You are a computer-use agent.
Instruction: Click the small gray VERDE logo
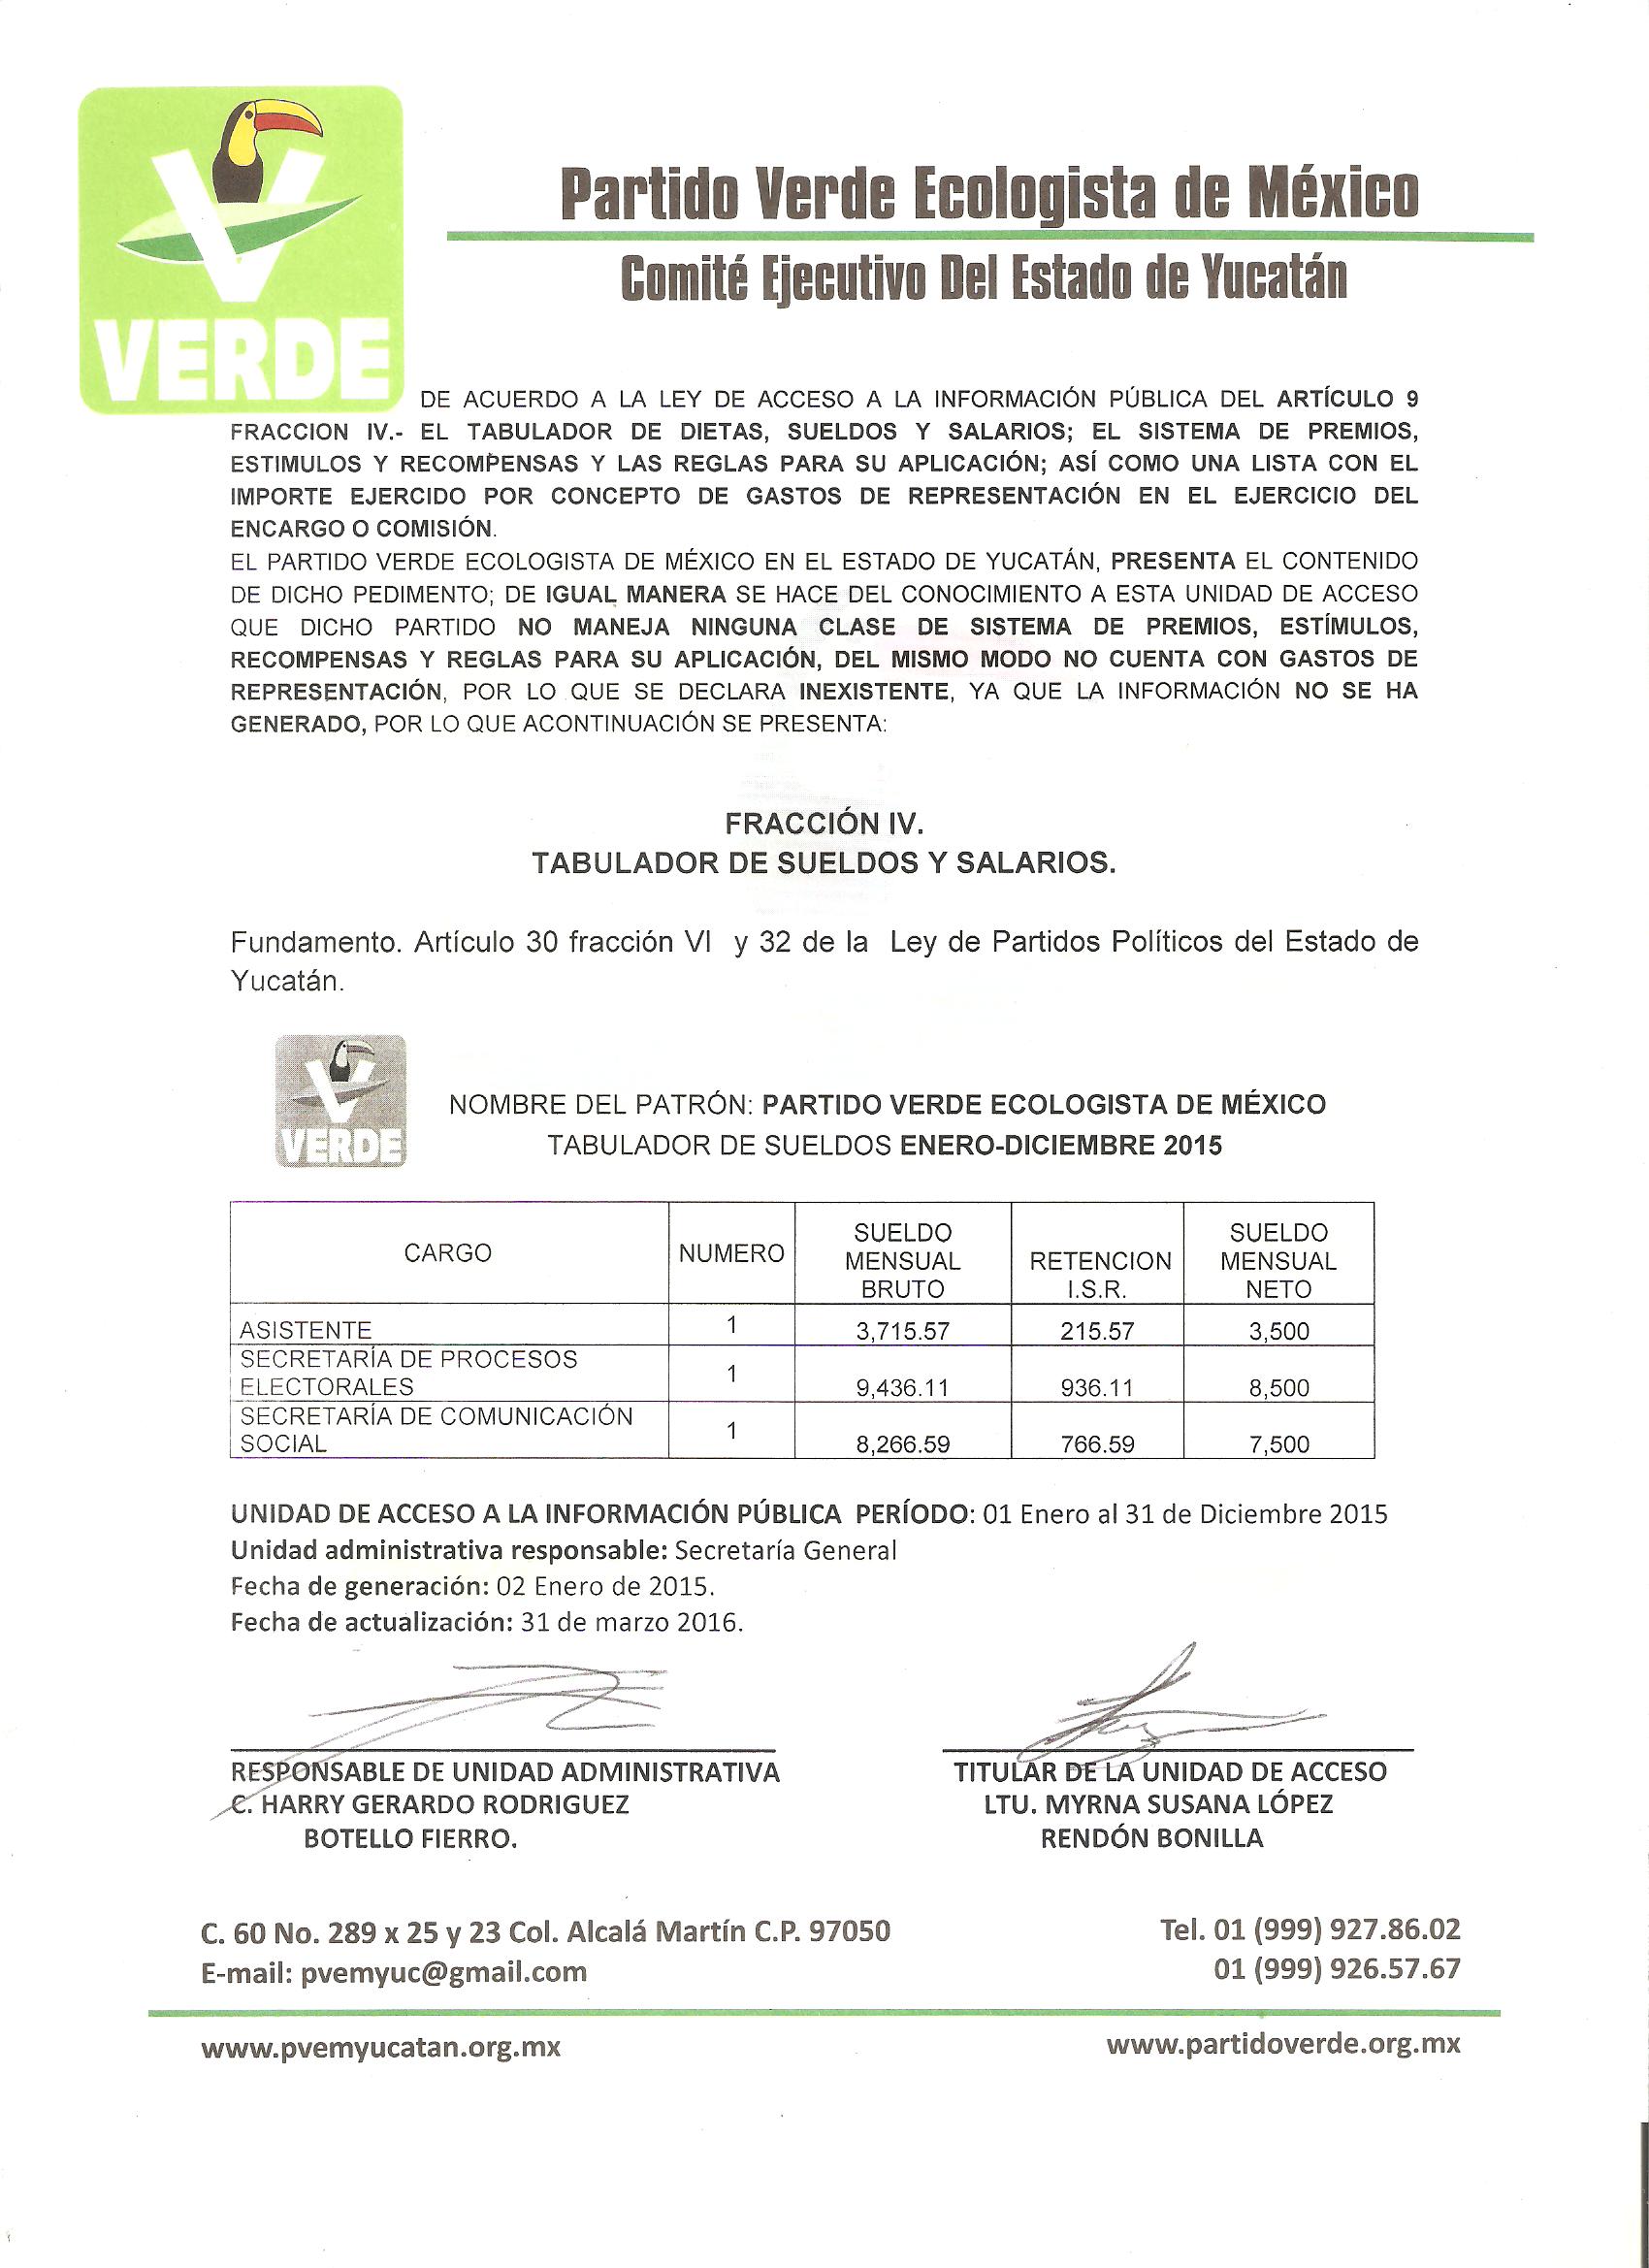point(340,1101)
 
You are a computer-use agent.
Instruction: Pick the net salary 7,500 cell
point(1278,1444)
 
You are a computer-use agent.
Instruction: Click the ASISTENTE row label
point(306,1330)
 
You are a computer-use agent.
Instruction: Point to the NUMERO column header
point(731,1253)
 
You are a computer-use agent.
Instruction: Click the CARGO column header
point(448,1253)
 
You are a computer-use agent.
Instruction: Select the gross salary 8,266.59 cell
point(902,1444)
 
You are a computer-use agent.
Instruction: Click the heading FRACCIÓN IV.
point(824,823)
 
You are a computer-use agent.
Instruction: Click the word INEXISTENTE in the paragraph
point(873,691)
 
